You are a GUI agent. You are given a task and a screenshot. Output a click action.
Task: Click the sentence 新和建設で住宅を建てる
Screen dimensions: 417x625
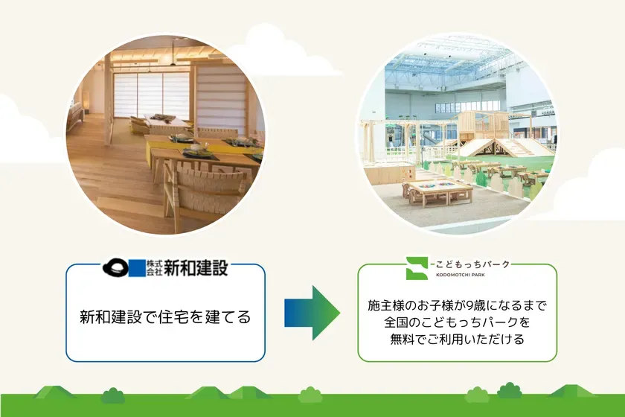click(165, 317)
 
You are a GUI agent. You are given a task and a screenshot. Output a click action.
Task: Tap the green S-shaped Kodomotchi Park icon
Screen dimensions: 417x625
click(416, 267)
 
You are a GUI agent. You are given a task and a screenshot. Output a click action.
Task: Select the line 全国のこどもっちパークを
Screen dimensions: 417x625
click(457, 323)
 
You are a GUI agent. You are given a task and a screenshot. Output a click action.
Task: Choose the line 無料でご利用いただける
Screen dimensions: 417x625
click(457, 340)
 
